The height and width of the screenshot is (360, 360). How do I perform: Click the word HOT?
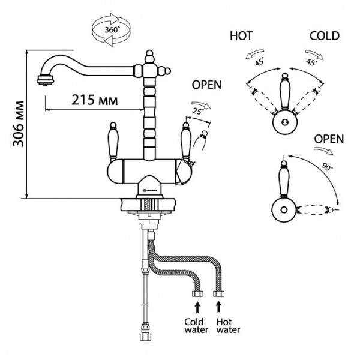coord(241,36)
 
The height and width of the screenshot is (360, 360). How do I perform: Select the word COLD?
coord(325,36)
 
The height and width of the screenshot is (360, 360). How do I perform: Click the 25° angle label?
coord(199,110)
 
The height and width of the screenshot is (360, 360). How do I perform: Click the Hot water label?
coord(227,326)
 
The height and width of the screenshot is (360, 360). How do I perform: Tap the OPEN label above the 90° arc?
coord(329,139)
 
